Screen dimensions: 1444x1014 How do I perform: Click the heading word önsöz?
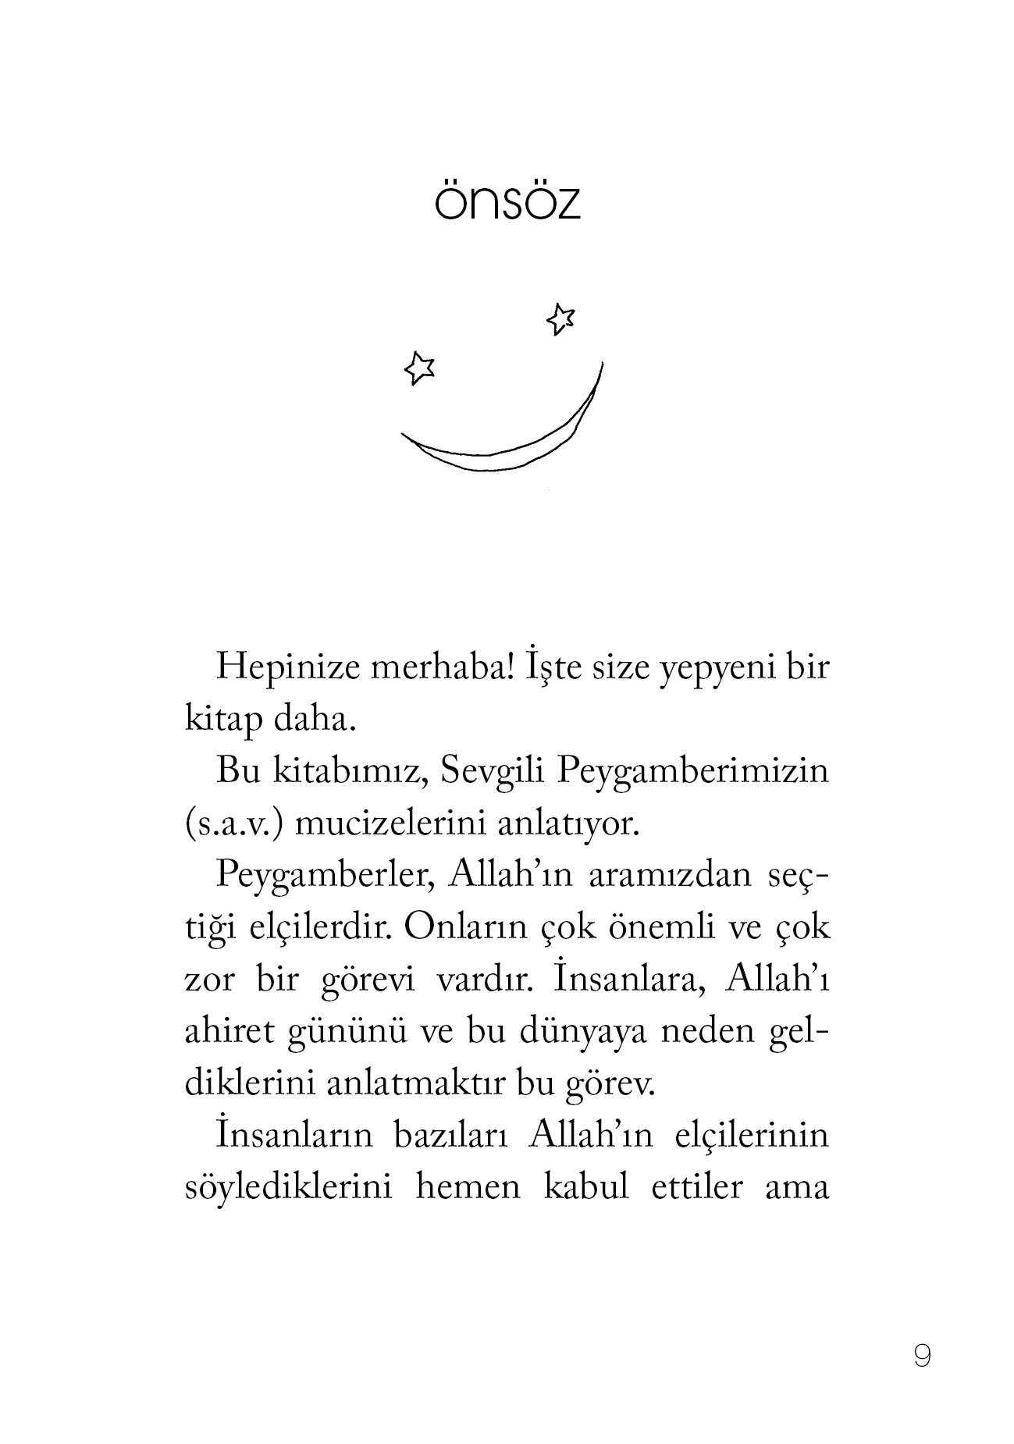click(507, 201)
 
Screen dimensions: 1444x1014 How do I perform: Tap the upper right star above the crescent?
click(560, 318)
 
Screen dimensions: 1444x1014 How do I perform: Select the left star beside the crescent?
click(419, 367)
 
